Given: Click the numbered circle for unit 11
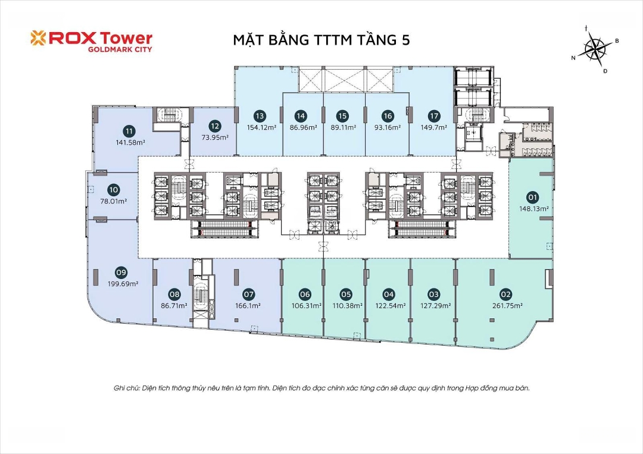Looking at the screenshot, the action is point(130,131).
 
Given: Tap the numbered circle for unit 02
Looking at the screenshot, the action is point(506,294).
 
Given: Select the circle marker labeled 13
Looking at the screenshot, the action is point(260,116).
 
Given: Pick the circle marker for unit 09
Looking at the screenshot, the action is point(121,273).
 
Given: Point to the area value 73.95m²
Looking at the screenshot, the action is point(215,137).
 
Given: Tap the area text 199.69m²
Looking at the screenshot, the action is point(123,284).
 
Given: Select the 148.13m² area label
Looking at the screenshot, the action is point(534,209).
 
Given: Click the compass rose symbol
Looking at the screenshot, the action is point(595,49).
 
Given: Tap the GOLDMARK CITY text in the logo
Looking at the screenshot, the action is point(120,49).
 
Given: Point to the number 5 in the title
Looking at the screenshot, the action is point(405,40).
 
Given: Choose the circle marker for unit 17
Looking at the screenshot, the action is point(434,116).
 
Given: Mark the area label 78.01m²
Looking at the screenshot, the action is point(114,201).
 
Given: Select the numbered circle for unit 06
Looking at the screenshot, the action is point(305,294).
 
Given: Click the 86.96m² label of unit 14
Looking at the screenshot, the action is point(304,127).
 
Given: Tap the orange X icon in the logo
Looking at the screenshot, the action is point(39,37).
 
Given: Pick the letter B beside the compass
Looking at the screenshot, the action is point(617,41).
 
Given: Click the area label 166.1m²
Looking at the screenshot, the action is point(248,306).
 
